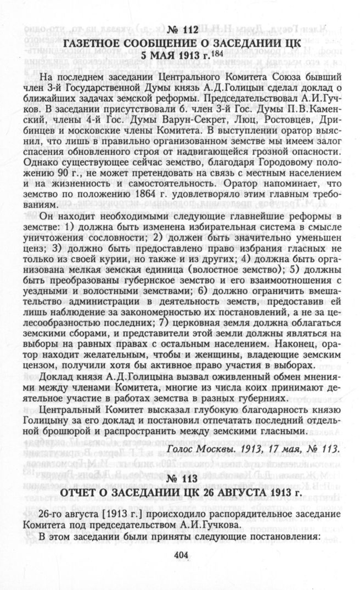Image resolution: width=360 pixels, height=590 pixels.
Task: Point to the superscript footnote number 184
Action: (217, 53)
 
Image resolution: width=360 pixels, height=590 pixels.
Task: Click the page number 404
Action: (181, 555)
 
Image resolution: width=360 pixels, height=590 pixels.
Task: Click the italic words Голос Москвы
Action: (195, 448)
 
